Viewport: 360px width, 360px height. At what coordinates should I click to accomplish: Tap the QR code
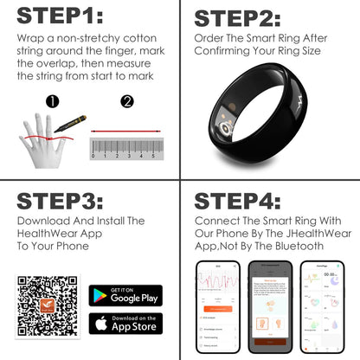(x=48, y=308)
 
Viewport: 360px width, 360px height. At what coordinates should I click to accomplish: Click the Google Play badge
(x=125, y=296)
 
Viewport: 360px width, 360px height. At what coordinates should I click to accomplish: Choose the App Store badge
(x=125, y=325)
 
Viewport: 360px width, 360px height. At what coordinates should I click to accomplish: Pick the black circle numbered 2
(x=128, y=103)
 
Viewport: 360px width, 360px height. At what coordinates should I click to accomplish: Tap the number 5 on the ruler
(x=154, y=157)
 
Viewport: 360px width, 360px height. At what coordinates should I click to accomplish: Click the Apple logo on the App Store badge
(x=101, y=325)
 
